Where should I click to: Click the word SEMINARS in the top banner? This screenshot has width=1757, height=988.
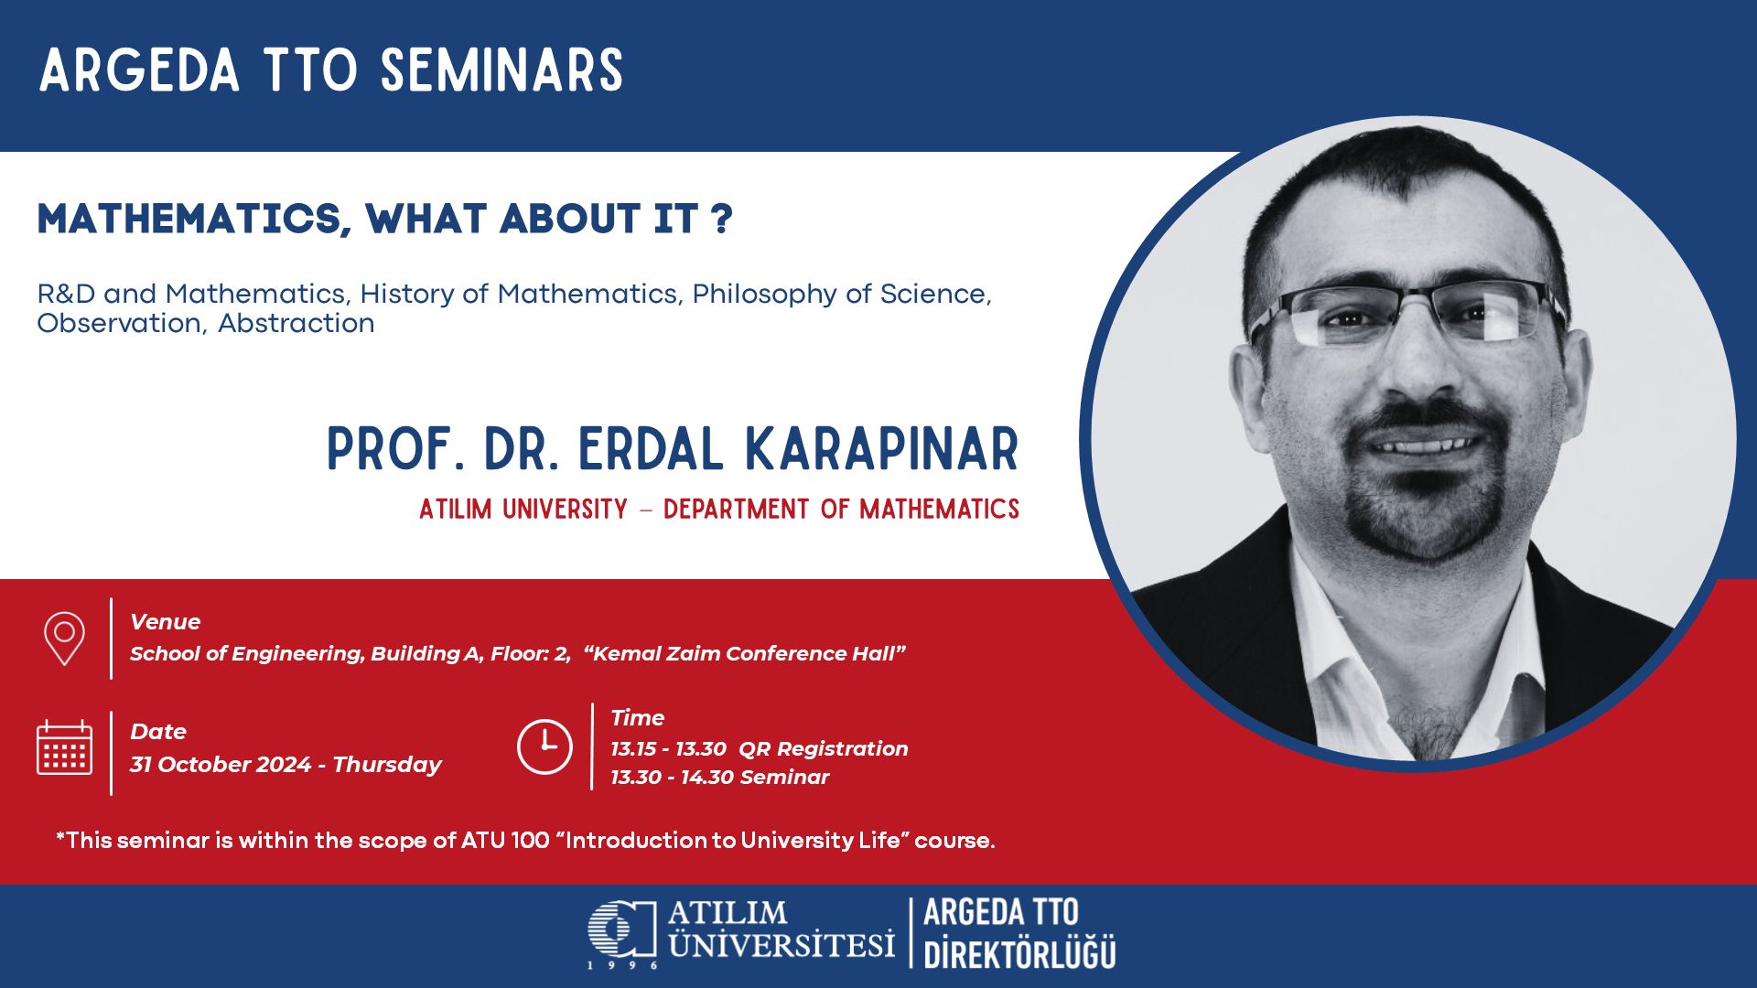(501, 70)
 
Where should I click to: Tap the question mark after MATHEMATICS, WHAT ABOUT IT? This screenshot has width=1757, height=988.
(721, 219)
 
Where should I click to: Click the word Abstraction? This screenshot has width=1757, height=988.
(296, 323)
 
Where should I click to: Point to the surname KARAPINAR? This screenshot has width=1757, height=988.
(882, 449)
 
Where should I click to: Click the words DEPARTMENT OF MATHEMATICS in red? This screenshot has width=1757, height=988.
(841, 509)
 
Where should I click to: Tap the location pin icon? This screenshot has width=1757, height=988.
(64, 638)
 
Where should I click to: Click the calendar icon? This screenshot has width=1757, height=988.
(64, 747)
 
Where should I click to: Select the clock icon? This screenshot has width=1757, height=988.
(544, 746)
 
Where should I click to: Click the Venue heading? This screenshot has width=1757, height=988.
(165, 622)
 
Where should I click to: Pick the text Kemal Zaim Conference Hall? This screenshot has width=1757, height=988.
(744, 653)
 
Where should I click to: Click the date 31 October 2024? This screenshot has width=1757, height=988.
(221, 765)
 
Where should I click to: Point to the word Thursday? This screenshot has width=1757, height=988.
(387, 765)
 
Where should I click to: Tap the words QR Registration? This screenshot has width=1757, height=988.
(824, 749)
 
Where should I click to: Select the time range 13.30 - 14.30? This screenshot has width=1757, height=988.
(673, 778)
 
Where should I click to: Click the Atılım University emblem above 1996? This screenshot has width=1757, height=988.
(622, 929)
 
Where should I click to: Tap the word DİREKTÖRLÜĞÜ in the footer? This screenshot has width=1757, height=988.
(1019, 954)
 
